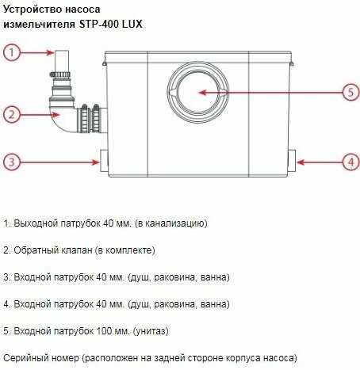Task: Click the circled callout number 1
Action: pyautogui.click(x=11, y=52)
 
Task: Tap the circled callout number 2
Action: pyautogui.click(x=11, y=114)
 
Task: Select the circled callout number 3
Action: pyautogui.click(x=11, y=162)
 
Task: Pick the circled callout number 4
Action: pyautogui.click(x=351, y=162)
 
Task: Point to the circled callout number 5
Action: pyautogui.click(x=351, y=92)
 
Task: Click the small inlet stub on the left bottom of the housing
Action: pyautogui.click(x=104, y=161)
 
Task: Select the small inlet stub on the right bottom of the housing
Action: pyautogui.click(x=292, y=161)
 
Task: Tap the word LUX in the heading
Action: pyautogui.click(x=132, y=25)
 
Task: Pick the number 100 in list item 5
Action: pyautogui.click(x=104, y=330)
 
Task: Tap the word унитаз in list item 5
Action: pyautogui.click(x=151, y=331)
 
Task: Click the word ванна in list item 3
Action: pyautogui.click(x=213, y=277)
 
